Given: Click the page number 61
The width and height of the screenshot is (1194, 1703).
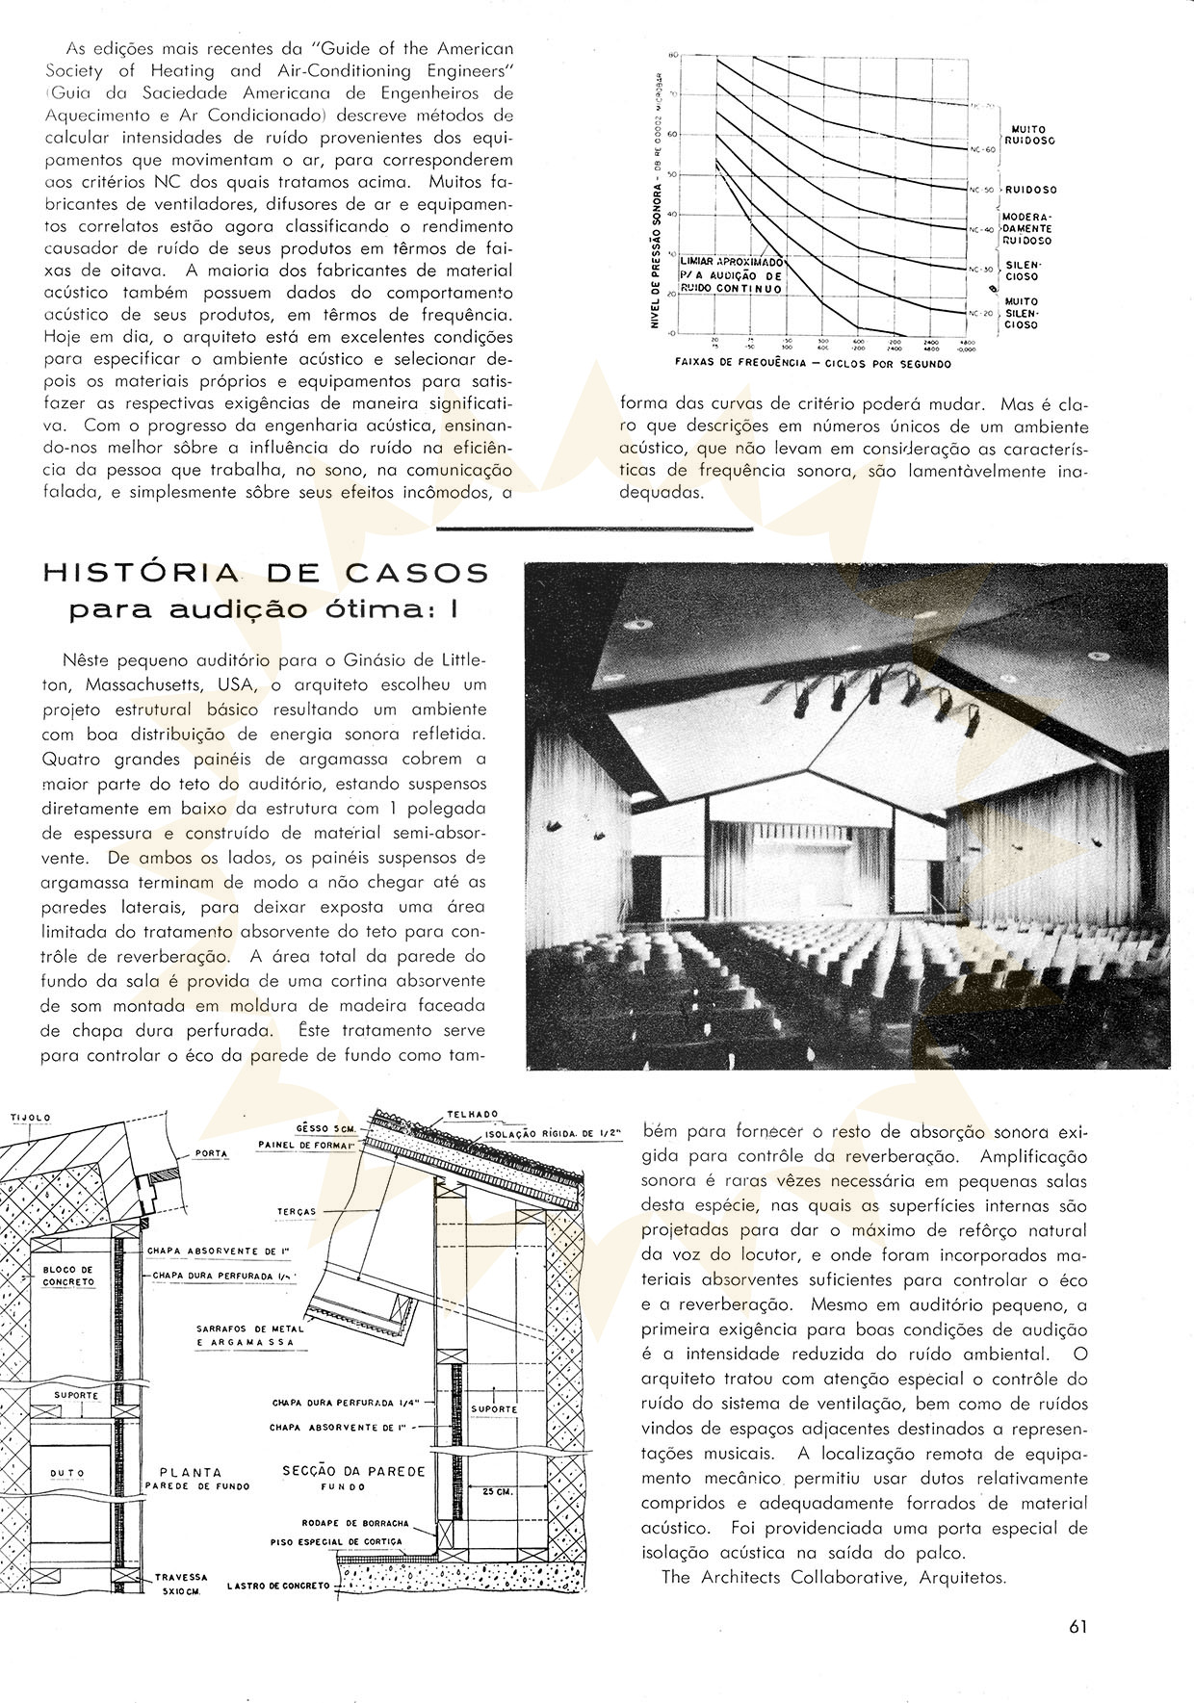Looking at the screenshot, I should [1077, 1627].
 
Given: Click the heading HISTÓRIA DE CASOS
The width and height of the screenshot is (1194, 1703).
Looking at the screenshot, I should [266, 574].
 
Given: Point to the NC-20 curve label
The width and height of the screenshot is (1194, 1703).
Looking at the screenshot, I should [980, 313].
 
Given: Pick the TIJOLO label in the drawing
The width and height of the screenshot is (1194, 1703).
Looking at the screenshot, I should [30, 1118].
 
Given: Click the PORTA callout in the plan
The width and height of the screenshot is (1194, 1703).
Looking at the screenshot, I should [210, 1153].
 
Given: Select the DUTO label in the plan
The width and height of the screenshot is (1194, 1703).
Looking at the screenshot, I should [67, 1474].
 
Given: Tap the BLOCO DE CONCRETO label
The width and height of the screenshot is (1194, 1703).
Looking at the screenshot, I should [68, 1277].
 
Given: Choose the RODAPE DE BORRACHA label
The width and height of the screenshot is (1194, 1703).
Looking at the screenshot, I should [355, 1551].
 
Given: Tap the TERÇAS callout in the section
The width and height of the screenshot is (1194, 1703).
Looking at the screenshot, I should [297, 1212].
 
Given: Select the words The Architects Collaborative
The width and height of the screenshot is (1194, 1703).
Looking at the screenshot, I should [784, 1578].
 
